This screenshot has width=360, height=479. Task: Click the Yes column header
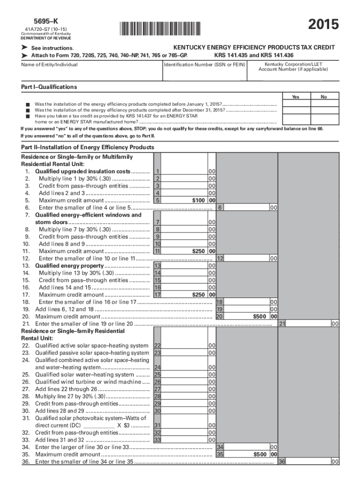[x=295, y=97]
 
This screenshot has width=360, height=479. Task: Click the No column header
[x=324, y=97]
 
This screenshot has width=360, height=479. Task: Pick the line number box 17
[x=158, y=295]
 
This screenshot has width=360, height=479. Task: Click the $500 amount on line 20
[x=260, y=317]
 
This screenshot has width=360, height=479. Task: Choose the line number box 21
[x=282, y=324]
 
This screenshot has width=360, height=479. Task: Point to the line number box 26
[x=158, y=382]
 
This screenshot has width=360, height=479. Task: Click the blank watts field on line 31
[x=99, y=425]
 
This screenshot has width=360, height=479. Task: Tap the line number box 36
[x=282, y=462]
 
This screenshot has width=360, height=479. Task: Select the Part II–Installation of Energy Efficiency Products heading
[x=87, y=147]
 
